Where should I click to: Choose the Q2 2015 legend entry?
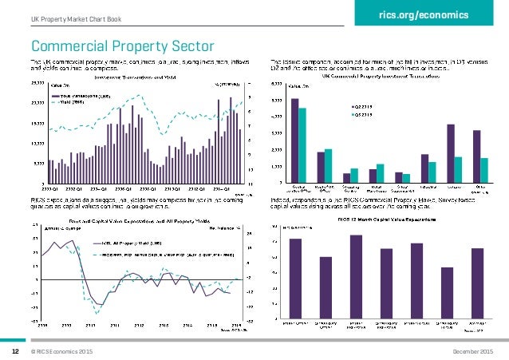point(364,105)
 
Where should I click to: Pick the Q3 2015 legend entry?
point(364,114)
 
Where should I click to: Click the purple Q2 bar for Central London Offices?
point(295,140)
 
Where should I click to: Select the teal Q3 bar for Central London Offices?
point(302,145)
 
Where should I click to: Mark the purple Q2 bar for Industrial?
point(425,168)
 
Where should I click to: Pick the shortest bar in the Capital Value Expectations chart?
point(448,294)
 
